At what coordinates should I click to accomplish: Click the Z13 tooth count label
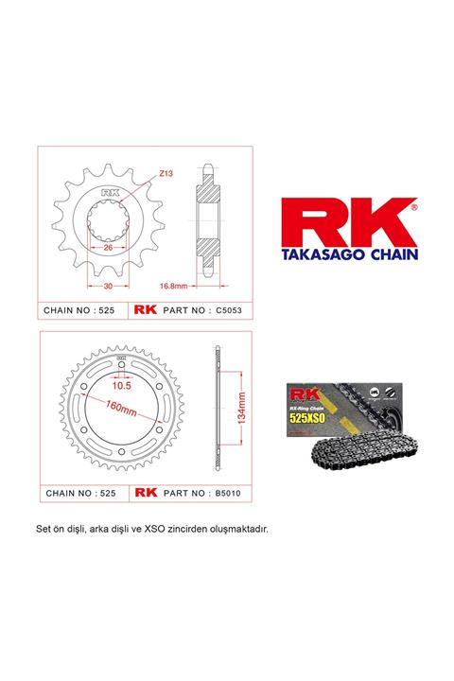(x=166, y=174)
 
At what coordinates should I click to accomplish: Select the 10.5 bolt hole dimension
(x=122, y=386)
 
